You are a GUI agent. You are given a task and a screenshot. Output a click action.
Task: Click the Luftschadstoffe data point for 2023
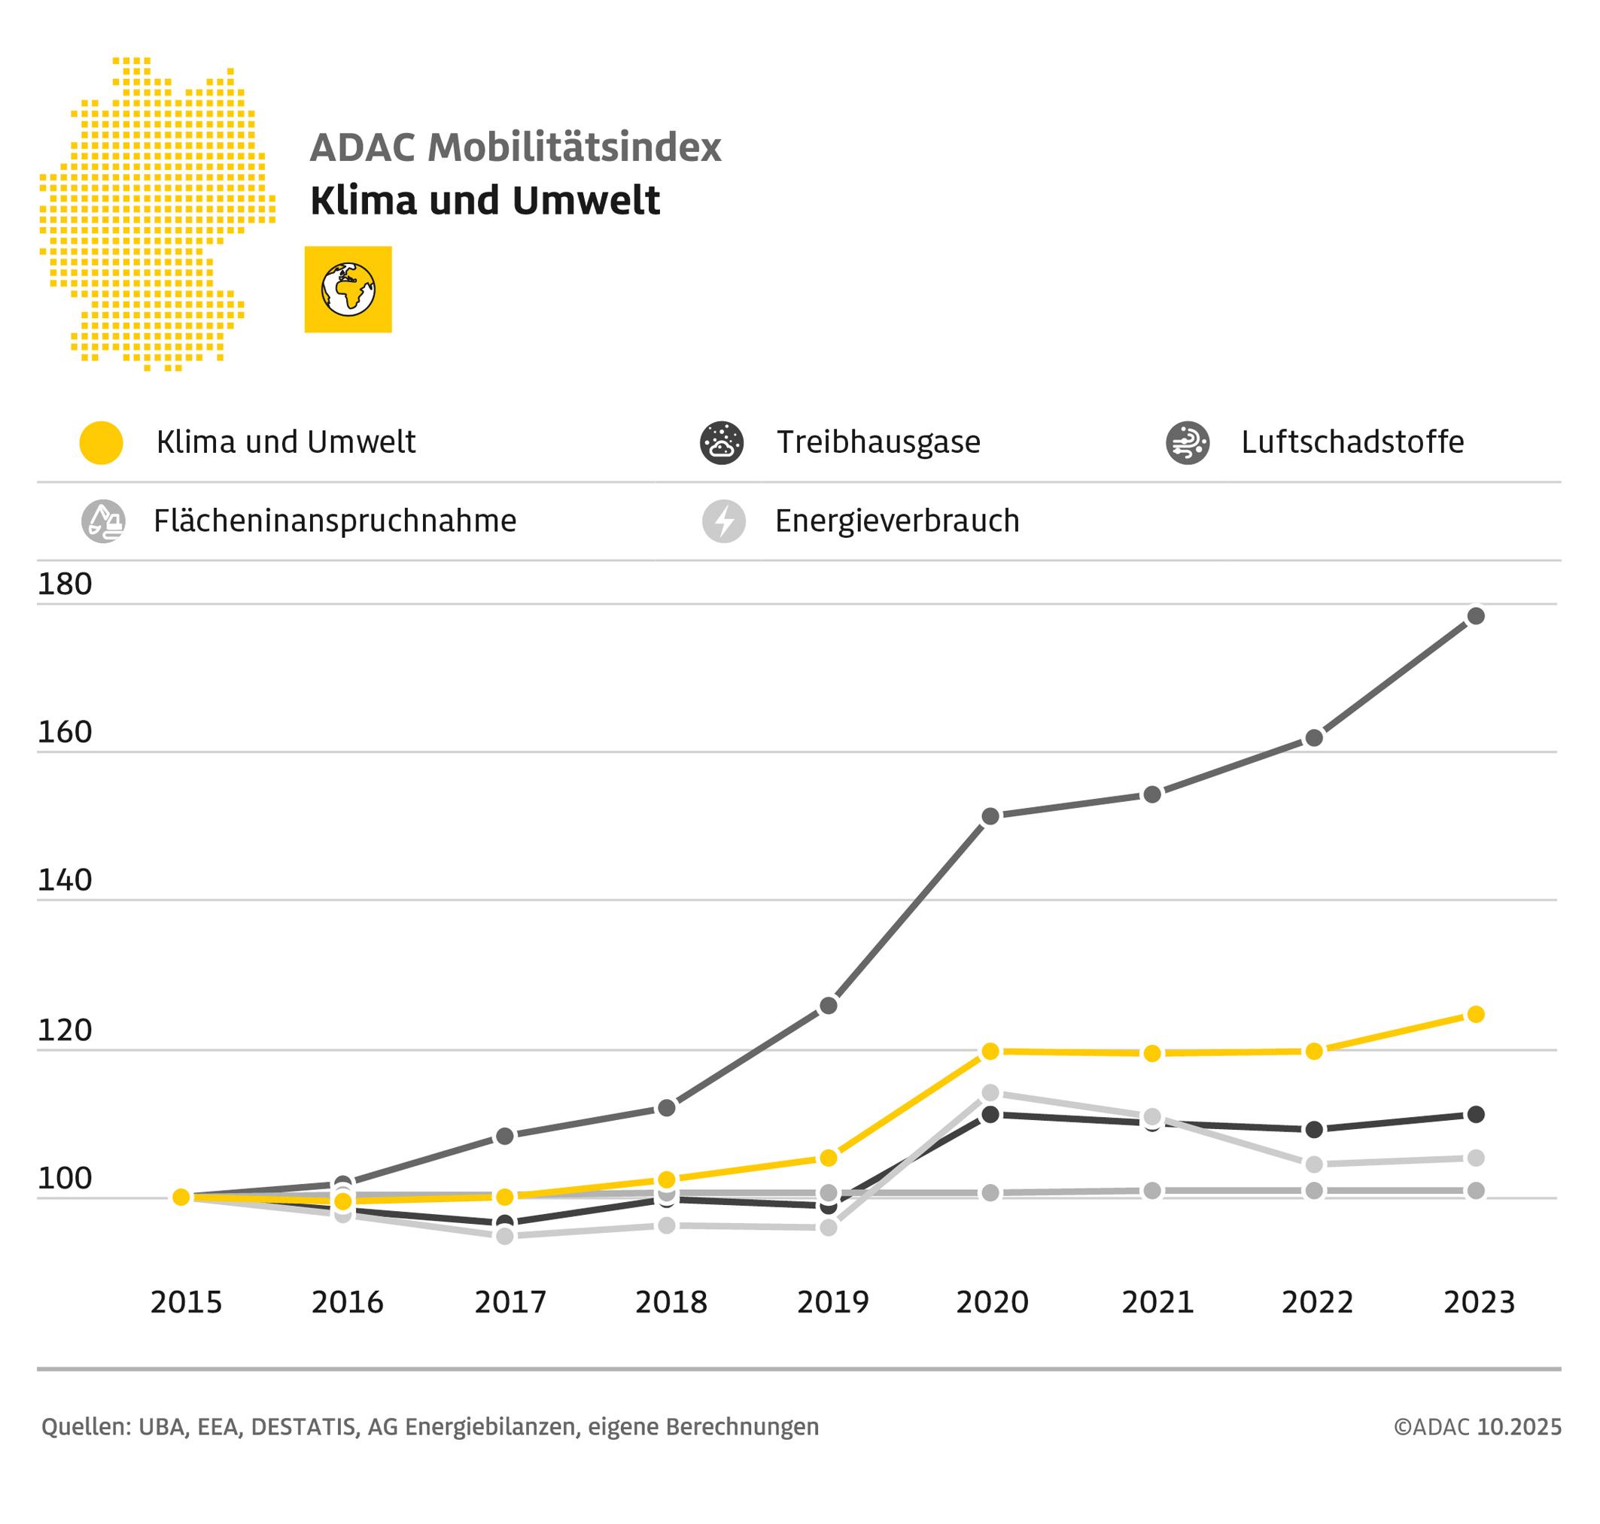[1476, 616]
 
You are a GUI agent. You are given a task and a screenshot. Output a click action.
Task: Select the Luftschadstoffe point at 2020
[990, 816]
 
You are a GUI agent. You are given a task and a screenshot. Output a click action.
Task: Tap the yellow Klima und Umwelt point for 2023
[1476, 1015]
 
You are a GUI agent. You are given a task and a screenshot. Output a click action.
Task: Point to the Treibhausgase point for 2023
[1476, 1115]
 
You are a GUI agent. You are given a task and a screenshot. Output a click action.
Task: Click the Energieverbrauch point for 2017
[505, 1237]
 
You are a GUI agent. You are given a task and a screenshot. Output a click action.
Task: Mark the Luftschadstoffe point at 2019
[828, 1006]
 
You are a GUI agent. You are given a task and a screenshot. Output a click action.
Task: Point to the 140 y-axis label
[65, 881]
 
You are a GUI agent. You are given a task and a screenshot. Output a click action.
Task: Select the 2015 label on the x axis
[186, 1303]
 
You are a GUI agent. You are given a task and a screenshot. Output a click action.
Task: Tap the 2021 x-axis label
[1157, 1303]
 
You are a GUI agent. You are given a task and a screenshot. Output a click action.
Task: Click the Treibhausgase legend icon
[722, 444]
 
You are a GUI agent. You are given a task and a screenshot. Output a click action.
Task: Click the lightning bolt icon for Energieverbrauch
[724, 521]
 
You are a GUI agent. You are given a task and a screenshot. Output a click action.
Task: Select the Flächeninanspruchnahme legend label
[335, 521]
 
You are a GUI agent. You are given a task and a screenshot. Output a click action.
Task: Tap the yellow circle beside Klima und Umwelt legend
[102, 444]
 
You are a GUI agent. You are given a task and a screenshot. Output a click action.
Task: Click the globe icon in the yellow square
[348, 289]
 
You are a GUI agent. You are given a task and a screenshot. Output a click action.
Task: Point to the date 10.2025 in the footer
[1519, 1427]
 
